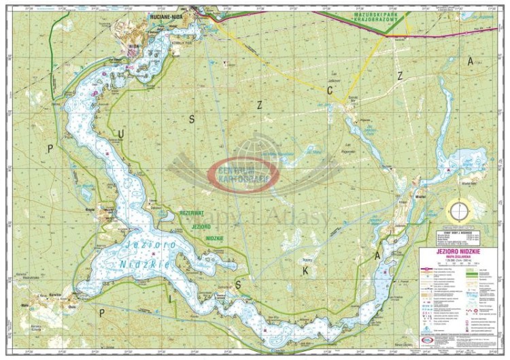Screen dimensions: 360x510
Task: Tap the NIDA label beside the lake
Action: coord(133,47)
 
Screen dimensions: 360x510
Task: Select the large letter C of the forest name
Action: coord(329,89)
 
